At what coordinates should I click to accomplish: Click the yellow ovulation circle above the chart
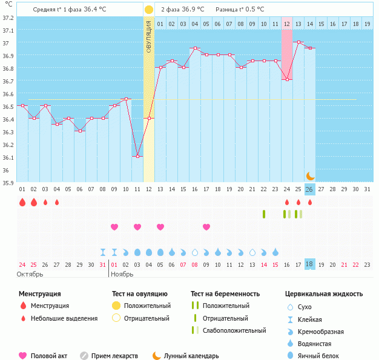(x=149, y=10)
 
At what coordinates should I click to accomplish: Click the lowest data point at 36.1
(x=137, y=157)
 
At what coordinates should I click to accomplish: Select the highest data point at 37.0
(x=298, y=42)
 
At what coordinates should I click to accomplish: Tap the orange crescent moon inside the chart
(x=310, y=175)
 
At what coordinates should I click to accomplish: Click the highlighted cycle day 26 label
(x=309, y=189)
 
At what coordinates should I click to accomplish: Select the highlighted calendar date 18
(x=309, y=264)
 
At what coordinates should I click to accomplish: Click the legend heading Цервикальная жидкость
(x=324, y=294)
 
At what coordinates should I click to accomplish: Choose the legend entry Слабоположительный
(x=234, y=330)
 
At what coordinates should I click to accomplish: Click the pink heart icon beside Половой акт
(x=23, y=356)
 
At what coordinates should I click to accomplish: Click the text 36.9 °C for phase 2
(x=193, y=10)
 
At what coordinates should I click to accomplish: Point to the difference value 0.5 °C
(x=254, y=10)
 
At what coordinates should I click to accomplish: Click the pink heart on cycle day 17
(x=206, y=227)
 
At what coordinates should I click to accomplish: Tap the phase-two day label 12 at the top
(x=286, y=24)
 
